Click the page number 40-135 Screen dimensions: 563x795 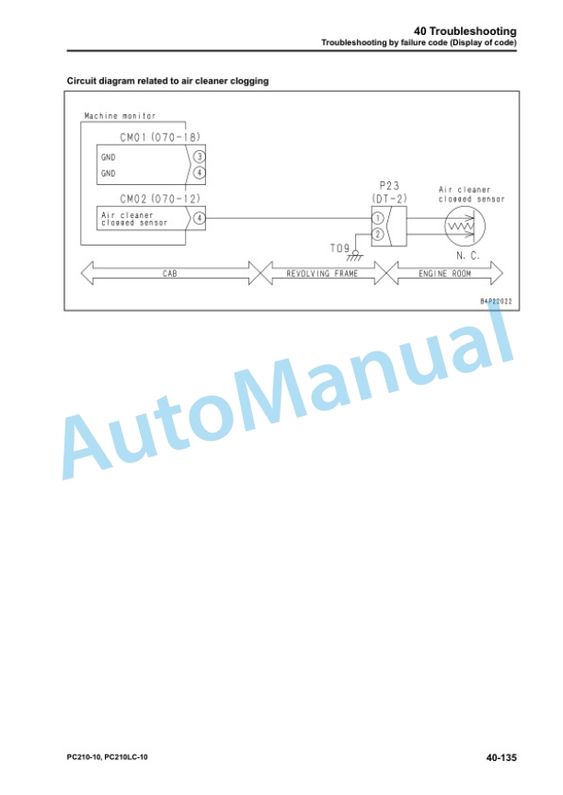(501, 757)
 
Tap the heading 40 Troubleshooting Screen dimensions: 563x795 (465, 31)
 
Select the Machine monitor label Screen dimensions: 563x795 (120, 116)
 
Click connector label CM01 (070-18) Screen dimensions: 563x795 (160, 137)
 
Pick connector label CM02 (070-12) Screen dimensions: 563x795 (160, 198)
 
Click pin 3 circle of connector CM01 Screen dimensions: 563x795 (199, 156)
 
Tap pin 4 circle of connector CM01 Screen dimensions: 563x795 (199, 173)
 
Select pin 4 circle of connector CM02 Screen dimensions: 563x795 (199, 218)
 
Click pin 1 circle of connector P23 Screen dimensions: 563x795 (377, 218)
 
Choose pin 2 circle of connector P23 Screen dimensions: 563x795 (377, 235)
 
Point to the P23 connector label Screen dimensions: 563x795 (389, 186)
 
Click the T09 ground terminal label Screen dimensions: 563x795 (339, 248)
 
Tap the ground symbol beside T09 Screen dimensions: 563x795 (355, 255)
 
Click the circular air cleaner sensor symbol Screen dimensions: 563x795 (465, 226)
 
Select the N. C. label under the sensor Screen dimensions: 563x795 (467, 256)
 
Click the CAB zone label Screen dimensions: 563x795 (169, 274)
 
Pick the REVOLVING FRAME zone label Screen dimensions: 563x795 (322, 274)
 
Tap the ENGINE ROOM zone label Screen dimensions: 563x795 (444, 274)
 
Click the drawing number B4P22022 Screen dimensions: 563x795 (496, 301)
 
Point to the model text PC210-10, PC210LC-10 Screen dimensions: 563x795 (108, 757)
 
